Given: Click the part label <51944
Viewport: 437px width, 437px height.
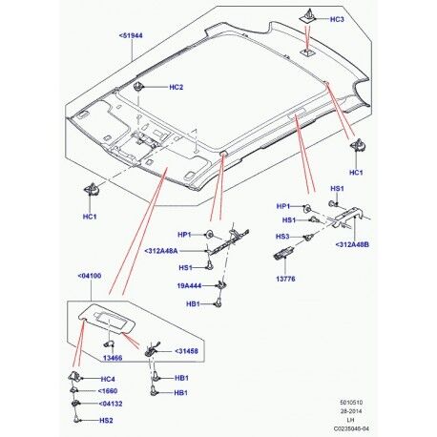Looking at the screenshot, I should coord(134,36).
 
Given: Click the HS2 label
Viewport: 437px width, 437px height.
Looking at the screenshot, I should coord(107,420).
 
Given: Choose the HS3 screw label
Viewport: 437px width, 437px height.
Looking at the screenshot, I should coord(281,236).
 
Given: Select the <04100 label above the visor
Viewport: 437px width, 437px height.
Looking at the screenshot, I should coord(86,276).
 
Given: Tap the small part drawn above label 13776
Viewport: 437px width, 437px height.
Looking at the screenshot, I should coord(283,255).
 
